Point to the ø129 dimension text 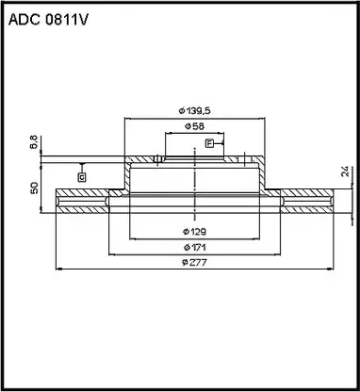(x=195, y=230)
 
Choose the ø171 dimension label (x=195, y=248)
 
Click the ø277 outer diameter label (x=195, y=264)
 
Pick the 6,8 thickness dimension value (x=35, y=143)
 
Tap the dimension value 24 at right (x=344, y=172)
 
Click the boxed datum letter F (x=209, y=143)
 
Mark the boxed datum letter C (x=82, y=176)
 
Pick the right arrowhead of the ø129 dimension (x=256, y=237)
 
